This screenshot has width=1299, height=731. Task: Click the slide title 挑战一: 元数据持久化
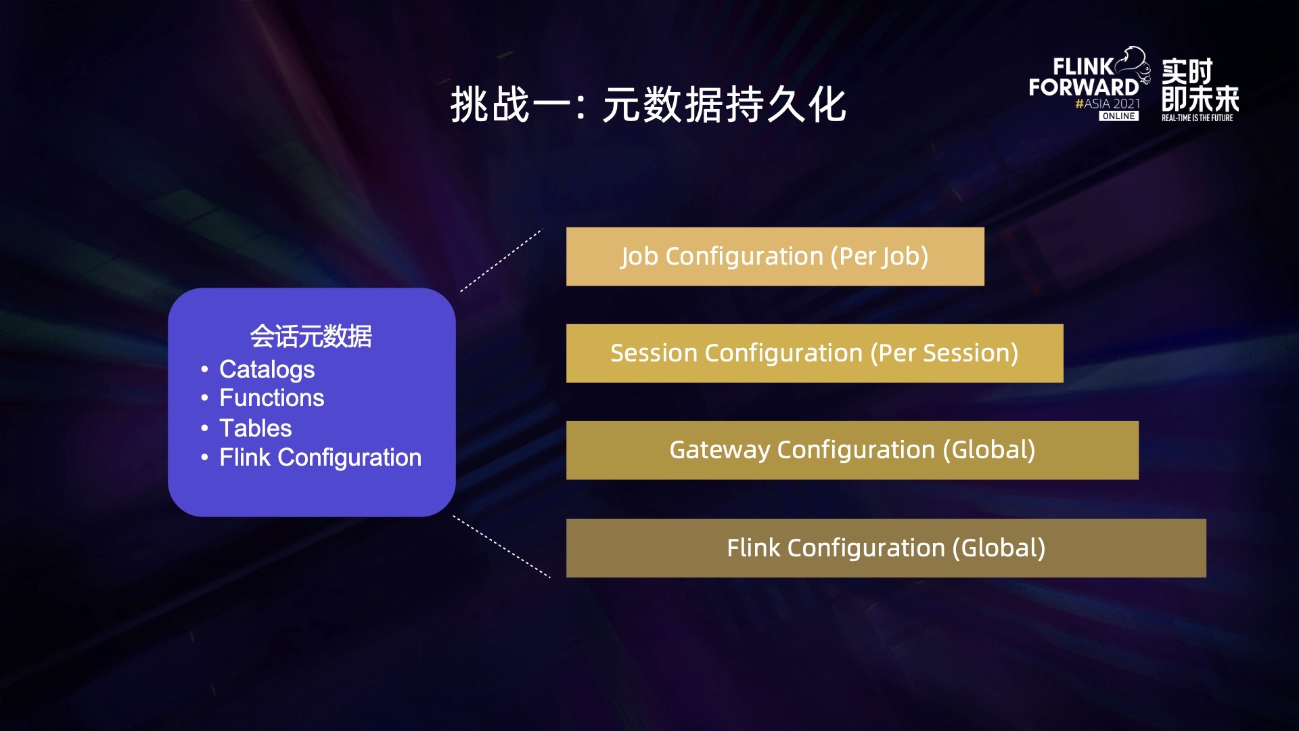click(x=648, y=105)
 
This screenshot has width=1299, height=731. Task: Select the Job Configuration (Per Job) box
click(x=775, y=257)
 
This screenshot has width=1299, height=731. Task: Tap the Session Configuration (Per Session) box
click(x=815, y=353)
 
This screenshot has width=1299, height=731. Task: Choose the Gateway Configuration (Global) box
click(x=852, y=450)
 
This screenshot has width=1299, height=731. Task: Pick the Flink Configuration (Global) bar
click(x=886, y=548)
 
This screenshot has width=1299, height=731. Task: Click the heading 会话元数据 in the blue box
click(x=311, y=336)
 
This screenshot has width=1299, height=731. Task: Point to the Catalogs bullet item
click(x=267, y=370)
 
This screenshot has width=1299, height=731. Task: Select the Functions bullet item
click(x=272, y=398)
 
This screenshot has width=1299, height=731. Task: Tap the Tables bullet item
click(x=256, y=428)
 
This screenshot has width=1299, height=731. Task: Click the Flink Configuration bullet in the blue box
click(x=320, y=458)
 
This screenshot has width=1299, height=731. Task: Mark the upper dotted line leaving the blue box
click(x=501, y=261)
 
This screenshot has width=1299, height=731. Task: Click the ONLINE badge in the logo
click(x=1118, y=116)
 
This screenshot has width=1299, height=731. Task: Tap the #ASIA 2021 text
click(x=1108, y=104)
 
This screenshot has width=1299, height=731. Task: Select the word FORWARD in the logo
click(x=1084, y=87)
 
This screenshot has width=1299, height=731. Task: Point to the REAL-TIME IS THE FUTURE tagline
click(x=1198, y=118)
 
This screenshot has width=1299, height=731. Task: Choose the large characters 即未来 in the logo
click(x=1200, y=99)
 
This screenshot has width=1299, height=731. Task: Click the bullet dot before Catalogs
click(x=204, y=370)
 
